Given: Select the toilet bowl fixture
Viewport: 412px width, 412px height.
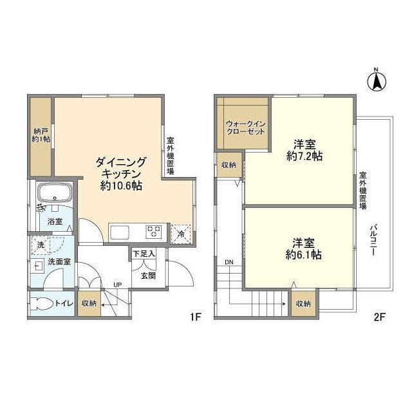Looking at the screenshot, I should (x=43, y=303).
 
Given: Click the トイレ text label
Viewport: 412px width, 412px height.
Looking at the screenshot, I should (x=63, y=303).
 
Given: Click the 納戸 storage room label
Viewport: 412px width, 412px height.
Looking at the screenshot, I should (x=41, y=135).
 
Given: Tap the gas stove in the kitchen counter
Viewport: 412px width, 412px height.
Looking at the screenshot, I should (x=154, y=231).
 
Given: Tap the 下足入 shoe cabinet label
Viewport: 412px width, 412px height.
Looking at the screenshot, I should (x=144, y=254).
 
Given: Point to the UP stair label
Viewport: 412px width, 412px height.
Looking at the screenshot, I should (x=117, y=284).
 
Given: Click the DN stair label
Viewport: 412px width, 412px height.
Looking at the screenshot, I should (x=229, y=263).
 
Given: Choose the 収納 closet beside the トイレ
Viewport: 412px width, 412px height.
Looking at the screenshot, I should (x=89, y=303).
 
